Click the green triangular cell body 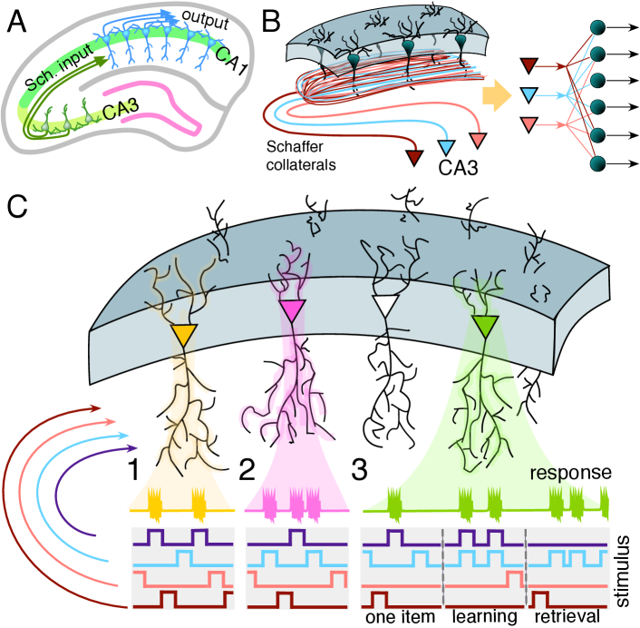pyautogui.click(x=485, y=323)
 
